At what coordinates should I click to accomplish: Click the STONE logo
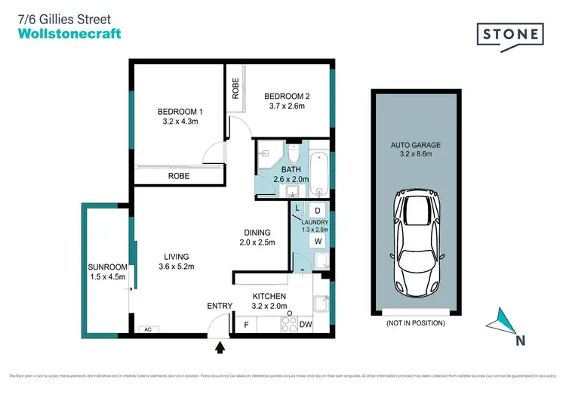click(x=510, y=35)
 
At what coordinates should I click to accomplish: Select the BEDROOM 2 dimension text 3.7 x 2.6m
click(x=284, y=107)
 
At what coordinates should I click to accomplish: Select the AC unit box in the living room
click(x=149, y=330)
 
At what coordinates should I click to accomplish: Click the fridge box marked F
click(x=246, y=325)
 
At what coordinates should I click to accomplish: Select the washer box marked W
click(x=318, y=242)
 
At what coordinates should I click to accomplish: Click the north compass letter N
click(x=519, y=340)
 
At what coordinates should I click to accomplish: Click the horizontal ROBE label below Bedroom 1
click(x=179, y=175)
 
